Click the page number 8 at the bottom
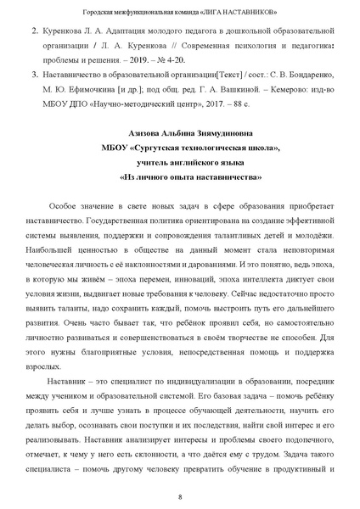tap(180, 496)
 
